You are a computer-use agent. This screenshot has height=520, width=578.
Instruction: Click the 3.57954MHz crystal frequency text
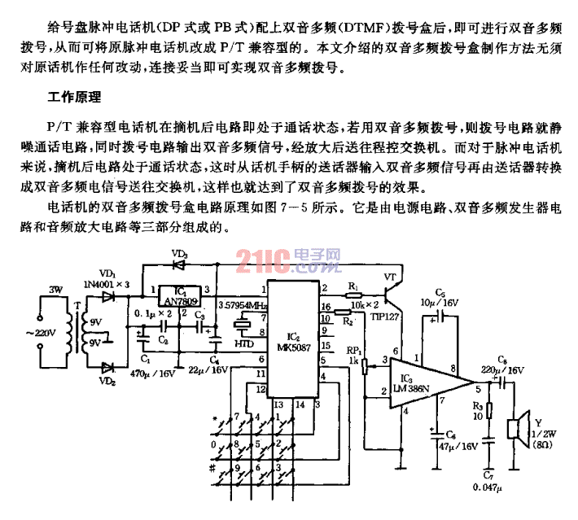click(x=243, y=305)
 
